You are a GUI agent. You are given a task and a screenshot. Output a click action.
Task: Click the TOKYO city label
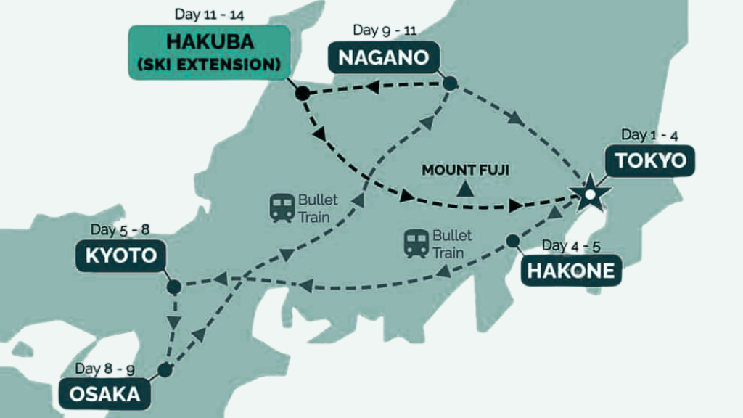click(x=650, y=160)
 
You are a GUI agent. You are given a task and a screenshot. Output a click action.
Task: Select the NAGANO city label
click(x=384, y=57)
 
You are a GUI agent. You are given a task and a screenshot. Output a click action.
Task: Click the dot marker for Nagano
click(x=450, y=83)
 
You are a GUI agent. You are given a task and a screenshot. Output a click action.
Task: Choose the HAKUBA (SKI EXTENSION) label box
click(x=210, y=52)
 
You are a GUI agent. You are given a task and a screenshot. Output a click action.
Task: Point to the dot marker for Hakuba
click(x=302, y=94)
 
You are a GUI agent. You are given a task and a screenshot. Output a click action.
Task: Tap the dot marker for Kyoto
click(x=173, y=287)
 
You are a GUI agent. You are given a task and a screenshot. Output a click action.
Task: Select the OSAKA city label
click(x=105, y=395)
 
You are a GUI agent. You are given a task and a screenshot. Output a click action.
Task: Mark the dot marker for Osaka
click(x=165, y=370)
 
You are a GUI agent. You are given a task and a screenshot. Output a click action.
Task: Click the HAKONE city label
click(x=571, y=271)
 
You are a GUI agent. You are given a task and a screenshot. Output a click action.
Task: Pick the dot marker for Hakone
click(x=513, y=240)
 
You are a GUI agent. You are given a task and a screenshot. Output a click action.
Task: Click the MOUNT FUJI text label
click(x=466, y=171)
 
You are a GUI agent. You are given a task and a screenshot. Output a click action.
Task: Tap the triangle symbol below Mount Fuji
click(x=466, y=189)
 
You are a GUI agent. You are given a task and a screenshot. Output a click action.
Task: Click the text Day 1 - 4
click(x=649, y=136)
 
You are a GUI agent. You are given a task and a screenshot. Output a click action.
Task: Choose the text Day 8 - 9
click(x=104, y=368)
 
